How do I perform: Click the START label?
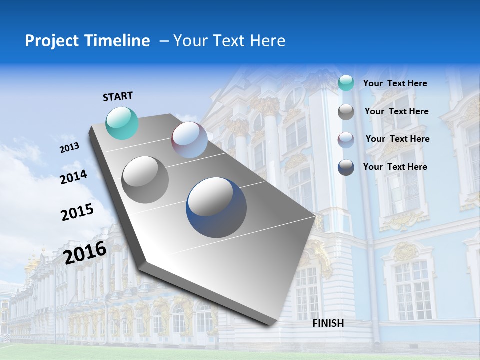pyautogui.click(x=118, y=96)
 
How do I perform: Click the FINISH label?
pyautogui.click(x=328, y=323)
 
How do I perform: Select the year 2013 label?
pyautogui.click(x=69, y=148)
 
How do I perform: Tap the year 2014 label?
pyautogui.click(x=73, y=177)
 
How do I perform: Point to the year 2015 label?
pyautogui.click(x=77, y=212)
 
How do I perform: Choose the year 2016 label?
pyautogui.click(x=85, y=252)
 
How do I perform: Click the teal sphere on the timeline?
pyautogui.click(x=122, y=123)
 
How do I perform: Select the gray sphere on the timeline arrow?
pyautogui.click(x=145, y=179)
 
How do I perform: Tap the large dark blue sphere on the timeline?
pyautogui.click(x=216, y=207)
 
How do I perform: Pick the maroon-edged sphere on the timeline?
pyautogui.click(x=189, y=140)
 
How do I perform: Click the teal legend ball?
pyautogui.click(x=346, y=83)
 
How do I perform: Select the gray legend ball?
pyautogui.click(x=346, y=112)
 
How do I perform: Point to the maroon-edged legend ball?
pyautogui.click(x=346, y=140)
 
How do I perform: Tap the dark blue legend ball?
pyautogui.click(x=346, y=167)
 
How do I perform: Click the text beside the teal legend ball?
pyautogui.click(x=395, y=83)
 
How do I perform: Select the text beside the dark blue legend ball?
pyautogui.click(x=395, y=167)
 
